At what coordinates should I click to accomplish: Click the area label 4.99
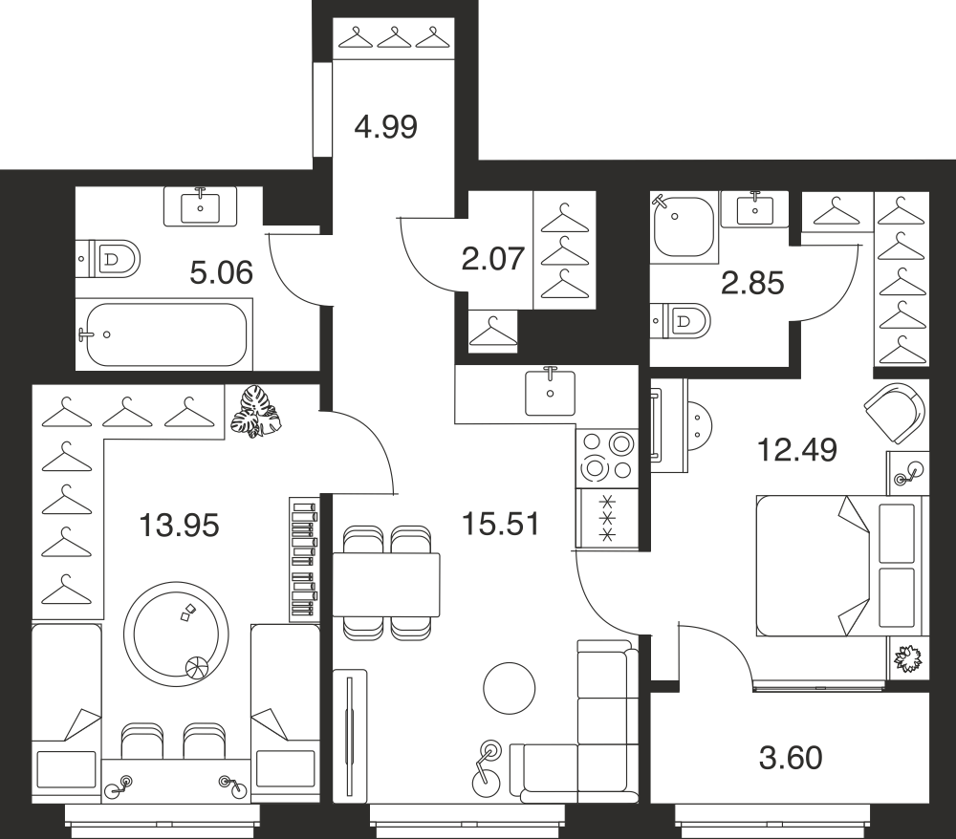386,127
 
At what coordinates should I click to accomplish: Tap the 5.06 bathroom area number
222,272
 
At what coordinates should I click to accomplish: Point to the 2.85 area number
752,283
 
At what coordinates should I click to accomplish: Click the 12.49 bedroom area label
797,450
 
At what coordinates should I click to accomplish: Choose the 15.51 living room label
501,524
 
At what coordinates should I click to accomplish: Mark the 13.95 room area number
179,526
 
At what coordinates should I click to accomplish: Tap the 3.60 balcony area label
791,758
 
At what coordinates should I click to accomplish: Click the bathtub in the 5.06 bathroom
164,333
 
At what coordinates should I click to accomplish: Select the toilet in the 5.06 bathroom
109,258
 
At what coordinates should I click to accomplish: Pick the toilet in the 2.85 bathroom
681,320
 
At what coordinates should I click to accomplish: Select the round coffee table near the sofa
510,689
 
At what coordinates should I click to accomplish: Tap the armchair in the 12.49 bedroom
895,413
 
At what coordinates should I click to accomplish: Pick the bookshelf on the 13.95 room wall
304,559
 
